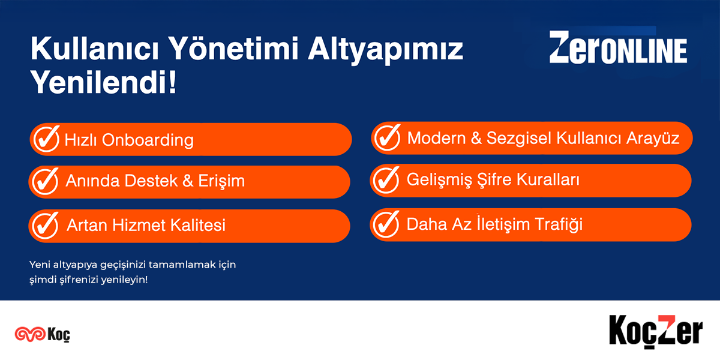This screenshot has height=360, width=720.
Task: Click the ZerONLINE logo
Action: pos(618,47)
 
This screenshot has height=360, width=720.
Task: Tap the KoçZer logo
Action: pos(656,332)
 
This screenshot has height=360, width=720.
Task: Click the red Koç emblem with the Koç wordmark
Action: pos(43,334)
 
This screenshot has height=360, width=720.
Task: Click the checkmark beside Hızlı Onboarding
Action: pos(47,139)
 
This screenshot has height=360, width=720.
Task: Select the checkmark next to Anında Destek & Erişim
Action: pos(46,181)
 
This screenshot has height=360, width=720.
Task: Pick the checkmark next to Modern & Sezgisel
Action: pos(388,137)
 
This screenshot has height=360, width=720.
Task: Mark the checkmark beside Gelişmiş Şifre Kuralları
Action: pos(386,179)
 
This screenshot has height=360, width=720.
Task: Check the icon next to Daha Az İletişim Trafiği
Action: pos(386,224)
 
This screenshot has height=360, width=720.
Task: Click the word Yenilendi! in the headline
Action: pos(103,82)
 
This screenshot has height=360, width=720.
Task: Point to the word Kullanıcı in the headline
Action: pos(95,48)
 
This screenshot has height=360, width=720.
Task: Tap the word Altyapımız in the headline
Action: pos(386,50)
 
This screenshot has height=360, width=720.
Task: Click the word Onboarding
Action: pos(148,141)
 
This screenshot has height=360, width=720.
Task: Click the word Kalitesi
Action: pos(197,224)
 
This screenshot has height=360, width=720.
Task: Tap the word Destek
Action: pos(151,181)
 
